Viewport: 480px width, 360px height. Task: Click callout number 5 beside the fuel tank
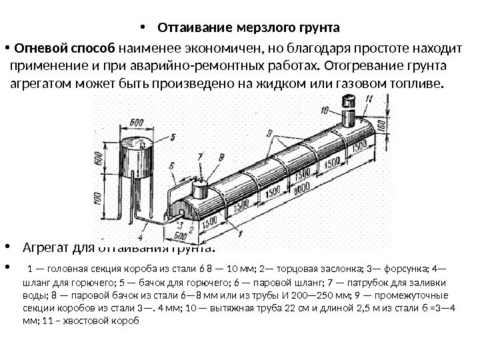[172, 137]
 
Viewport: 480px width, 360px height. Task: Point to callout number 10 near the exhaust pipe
[324, 109]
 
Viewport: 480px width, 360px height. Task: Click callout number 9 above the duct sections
[268, 133]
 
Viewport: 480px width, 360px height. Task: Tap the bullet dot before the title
[143, 29]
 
